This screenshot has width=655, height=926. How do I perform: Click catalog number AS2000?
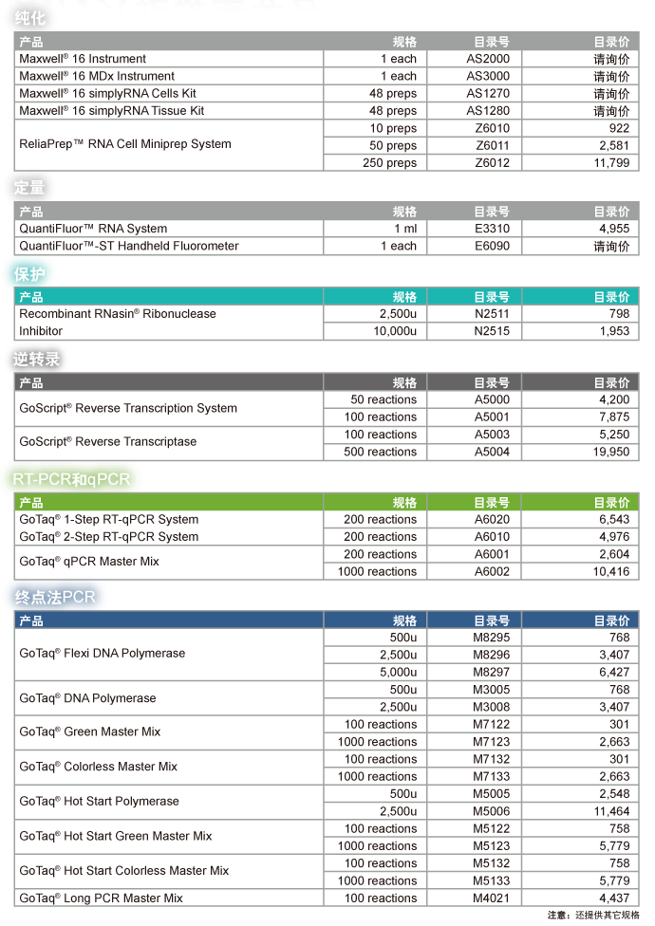(x=488, y=59)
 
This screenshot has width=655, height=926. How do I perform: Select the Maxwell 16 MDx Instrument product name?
(x=97, y=76)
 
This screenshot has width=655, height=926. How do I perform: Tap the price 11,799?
(x=611, y=163)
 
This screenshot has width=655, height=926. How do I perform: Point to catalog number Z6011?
(x=492, y=146)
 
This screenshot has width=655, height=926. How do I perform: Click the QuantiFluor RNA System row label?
(x=93, y=229)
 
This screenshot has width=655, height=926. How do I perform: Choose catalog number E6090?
(x=492, y=246)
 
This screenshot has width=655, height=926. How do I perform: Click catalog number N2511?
(x=492, y=314)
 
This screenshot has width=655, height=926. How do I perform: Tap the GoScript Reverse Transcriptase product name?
(x=108, y=442)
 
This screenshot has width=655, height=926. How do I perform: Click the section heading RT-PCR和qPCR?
(x=71, y=479)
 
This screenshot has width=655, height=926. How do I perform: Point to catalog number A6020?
(x=492, y=520)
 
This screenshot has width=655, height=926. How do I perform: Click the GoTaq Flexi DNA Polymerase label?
(x=103, y=654)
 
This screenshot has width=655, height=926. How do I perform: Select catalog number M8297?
(x=492, y=672)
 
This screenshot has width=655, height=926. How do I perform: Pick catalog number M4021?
(x=492, y=898)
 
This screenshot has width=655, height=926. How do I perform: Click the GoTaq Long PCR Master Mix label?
(x=102, y=898)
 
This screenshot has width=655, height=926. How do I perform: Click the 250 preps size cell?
(x=389, y=163)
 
